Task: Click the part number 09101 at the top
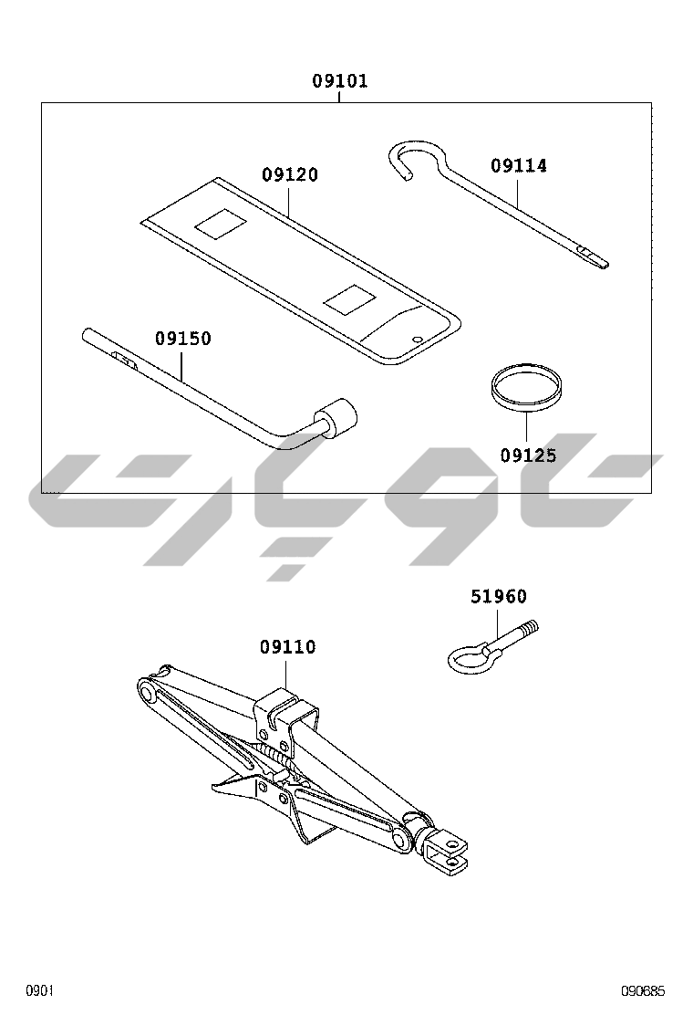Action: pyautogui.click(x=340, y=81)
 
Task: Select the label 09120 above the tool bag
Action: pyautogui.click(x=290, y=174)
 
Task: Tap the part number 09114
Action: pyautogui.click(x=519, y=166)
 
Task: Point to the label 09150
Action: pyautogui.click(x=183, y=339)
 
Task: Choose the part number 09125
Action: pyautogui.click(x=528, y=455)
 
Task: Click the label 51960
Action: pyautogui.click(x=499, y=596)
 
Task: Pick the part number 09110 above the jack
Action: pyautogui.click(x=287, y=646)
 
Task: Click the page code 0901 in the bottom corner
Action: pyautogui.click(x=39, y=990)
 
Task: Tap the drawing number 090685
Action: pyautogui.click(x=643, y=990)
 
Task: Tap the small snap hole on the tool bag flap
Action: pyautogui.click(x=417, y=337)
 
